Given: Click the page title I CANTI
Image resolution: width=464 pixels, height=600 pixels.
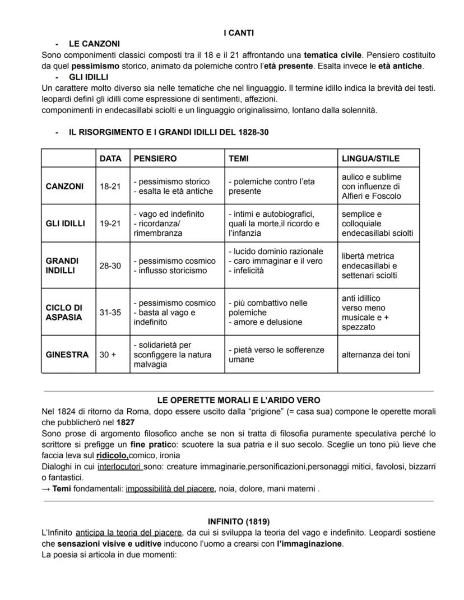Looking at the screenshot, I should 239,33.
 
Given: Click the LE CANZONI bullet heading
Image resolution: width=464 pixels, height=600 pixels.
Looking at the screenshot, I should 94,44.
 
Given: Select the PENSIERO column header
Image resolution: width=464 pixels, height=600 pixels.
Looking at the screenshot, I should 155,159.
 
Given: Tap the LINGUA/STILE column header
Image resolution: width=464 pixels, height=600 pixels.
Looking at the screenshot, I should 370,159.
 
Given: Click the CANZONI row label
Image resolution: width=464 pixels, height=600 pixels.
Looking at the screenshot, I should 64,187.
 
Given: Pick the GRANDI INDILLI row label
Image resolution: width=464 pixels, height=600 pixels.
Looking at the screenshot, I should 62,266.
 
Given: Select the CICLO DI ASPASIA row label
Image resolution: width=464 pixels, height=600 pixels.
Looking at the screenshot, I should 64,313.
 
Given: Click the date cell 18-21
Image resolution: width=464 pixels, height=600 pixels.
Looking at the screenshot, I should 110,187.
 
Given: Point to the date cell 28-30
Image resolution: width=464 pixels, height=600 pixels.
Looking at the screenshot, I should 110,266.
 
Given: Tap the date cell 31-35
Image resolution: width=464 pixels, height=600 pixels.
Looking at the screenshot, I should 110,313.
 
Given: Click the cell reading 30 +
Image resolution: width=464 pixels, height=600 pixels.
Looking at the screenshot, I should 108,355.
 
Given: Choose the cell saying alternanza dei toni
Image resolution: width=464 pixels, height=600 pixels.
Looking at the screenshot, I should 375,355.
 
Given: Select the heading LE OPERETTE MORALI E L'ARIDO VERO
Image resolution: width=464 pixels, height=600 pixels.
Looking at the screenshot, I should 239,400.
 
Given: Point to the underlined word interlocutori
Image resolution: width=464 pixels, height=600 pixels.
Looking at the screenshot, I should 119,467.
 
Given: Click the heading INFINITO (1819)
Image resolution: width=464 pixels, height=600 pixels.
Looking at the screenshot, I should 239,522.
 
